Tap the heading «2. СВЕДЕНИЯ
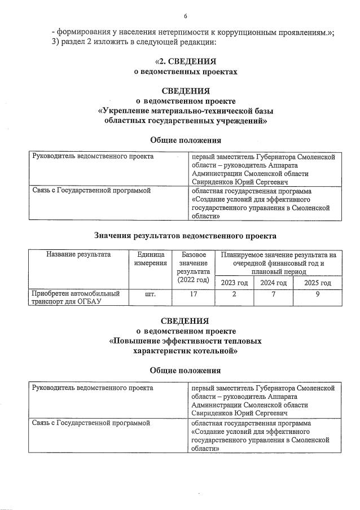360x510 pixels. (x=186, y=61)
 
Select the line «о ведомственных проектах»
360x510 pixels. (x=185, y=72)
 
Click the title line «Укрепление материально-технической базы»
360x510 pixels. (x=185, y=111)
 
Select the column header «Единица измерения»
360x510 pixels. (x=151, y=258)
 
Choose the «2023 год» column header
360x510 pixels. (x=234, y=283)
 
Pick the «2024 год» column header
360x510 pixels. (x=273, y=283)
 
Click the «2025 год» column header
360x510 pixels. (x=318, y=283)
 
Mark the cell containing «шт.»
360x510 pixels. (x=151, y=294)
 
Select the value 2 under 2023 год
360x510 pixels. (x=234, y=294)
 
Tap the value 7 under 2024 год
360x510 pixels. (x=273, y=294)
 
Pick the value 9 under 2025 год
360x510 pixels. (x=318, y=294)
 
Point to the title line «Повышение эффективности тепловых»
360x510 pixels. (x=185, y=341)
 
